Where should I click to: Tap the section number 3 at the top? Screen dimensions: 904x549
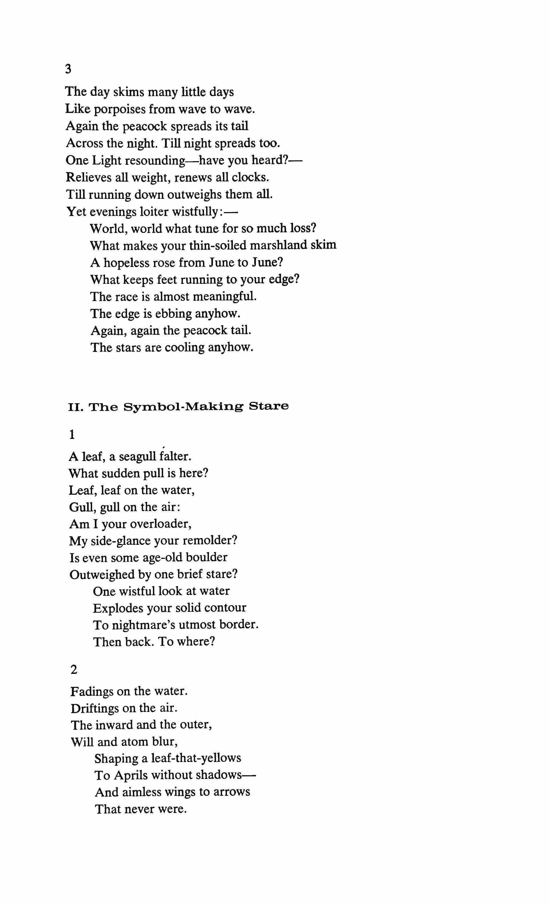(x=68, y=69)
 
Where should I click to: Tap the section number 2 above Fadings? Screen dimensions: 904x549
(x=74, y=670)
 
